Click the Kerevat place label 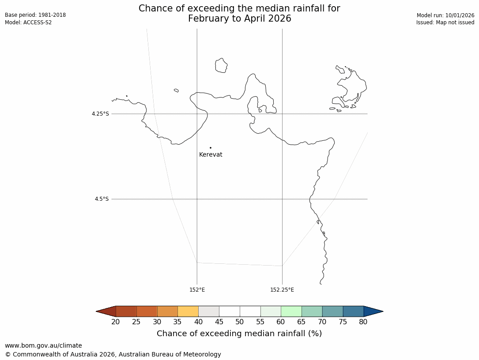[211, 155]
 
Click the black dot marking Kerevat [211, 148]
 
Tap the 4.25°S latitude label [100, 114]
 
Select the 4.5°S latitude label [102, 199]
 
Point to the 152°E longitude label [197, 290]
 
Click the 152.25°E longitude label [282, 290]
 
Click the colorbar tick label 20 [116, 322]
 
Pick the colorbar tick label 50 [240, 322]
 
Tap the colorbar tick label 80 [363, 322]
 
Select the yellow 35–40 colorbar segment [188, 311]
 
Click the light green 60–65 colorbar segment [291, 311]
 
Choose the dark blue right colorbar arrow [373, 311]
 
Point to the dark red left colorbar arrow [106, 311]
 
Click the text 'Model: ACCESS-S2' [28, 22]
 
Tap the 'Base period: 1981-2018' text [35, 15]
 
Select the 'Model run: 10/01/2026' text [445, 15]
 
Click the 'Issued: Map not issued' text [445, 22]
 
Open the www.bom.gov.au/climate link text [43, 346]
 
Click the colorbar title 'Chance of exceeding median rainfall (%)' [239, 334]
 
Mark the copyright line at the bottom [113, 354]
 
